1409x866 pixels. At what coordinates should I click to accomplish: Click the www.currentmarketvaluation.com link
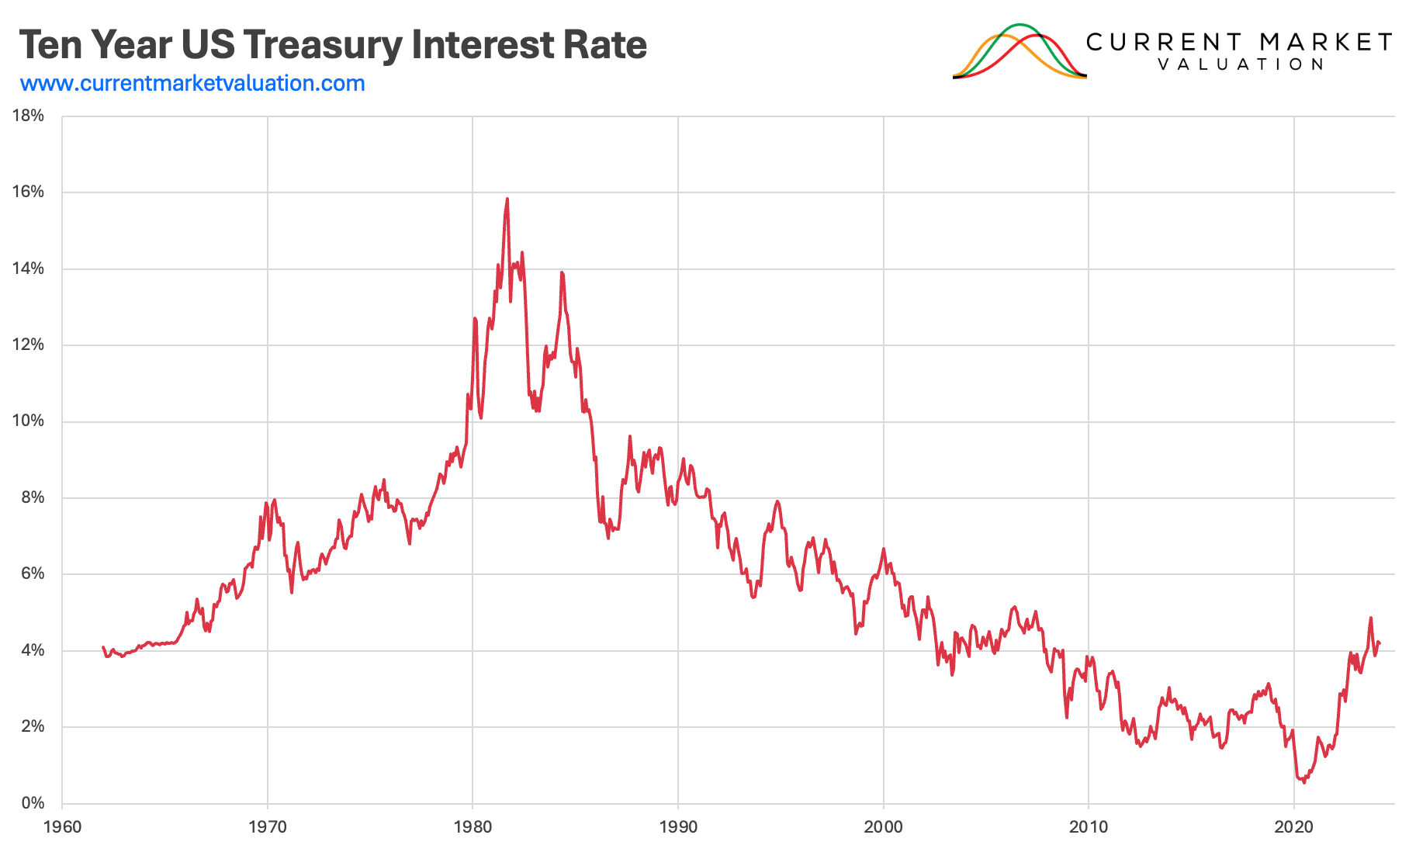[x=192, y=83]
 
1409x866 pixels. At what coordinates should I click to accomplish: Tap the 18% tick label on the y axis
[x=29, y=116]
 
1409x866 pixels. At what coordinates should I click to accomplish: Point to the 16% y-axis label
[x=29, y=192]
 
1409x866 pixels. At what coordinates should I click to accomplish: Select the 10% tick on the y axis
[x=29, y=421]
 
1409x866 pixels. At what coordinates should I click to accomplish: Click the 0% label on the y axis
[x=33, y=803]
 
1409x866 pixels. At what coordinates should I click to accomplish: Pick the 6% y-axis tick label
[x=33, y=573]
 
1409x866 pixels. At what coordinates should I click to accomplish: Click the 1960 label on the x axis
[x=62, y=827]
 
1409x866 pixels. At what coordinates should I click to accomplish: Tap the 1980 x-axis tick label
[x=473, y=827]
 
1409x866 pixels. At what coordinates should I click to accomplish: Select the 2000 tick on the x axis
[x=883, y=827]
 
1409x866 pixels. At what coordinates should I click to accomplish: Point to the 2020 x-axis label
[x=1293, y=827]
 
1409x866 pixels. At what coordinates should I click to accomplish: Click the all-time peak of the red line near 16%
[x=507, y=199]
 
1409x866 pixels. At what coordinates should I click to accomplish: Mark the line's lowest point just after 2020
[x=1303, y=782]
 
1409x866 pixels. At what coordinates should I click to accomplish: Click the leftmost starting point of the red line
[x=103, y=647]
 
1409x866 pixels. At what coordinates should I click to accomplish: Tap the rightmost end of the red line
[x=1380, y=643]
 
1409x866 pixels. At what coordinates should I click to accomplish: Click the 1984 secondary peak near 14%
[x=562, y=272]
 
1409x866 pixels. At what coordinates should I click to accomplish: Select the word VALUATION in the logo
[x=1240, y=64]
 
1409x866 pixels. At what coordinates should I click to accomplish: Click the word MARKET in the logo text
[x=1326, y=42]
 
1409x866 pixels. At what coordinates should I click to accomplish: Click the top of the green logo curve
[x=1020, y=25]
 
